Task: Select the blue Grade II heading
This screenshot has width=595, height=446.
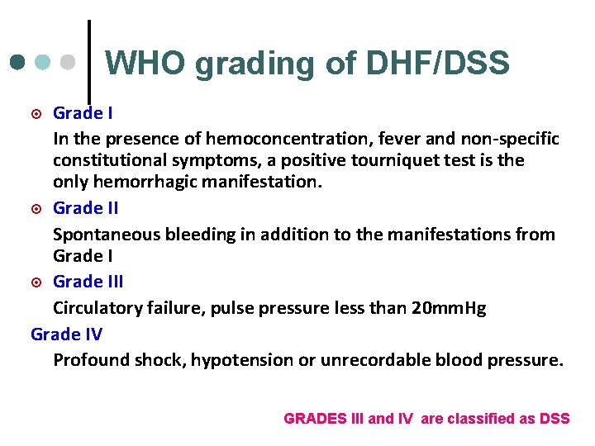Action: pos(86,208)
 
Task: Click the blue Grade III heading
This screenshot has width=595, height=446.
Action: pos(88,282)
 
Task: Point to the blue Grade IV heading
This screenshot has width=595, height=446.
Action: pos(66,334)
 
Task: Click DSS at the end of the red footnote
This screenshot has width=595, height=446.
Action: pos(554,419)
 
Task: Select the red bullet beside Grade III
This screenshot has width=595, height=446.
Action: pos(36,282)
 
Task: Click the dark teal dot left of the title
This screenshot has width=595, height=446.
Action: pos(17,63)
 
